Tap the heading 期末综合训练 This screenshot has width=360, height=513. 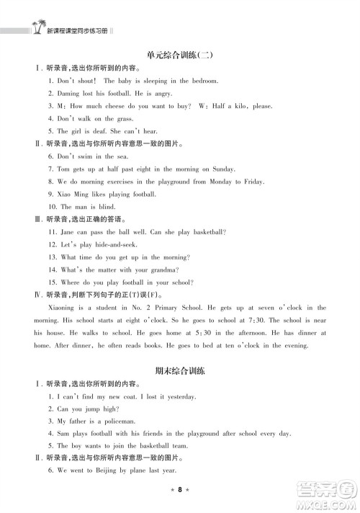point(180,371)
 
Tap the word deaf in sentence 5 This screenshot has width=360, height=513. point(99,131)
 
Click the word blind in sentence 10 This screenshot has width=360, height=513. point(102,207)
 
